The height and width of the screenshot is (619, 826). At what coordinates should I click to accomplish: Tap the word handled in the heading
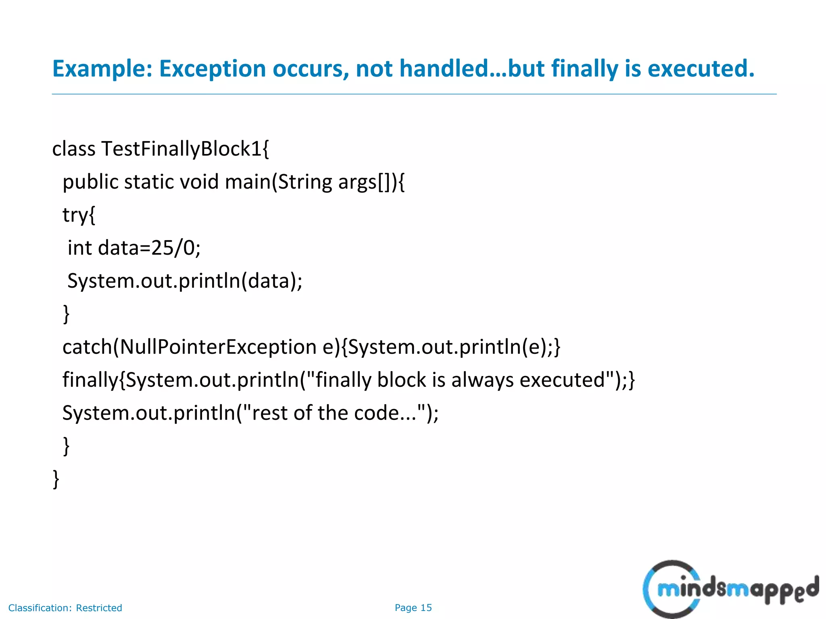(x=444, y=69)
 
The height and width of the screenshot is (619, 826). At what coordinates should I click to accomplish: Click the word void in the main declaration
(x=199, y=182)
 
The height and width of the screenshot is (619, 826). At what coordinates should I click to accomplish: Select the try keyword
(x=75, y=215)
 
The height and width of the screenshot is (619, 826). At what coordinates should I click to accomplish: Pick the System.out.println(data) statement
(x=184, y=281)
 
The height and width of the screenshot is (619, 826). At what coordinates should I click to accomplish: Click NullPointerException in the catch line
(x=218, y=347)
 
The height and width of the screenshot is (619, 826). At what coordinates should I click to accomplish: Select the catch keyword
(x=86, y=347)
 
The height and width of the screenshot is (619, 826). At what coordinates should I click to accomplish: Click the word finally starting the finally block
(x=90, y=380)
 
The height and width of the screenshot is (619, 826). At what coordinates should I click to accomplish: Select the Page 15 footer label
(x=413, y=608)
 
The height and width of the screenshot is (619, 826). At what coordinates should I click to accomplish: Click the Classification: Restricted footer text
(x=65, y=608)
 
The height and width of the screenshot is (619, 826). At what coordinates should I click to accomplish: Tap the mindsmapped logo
(x=730, y=589)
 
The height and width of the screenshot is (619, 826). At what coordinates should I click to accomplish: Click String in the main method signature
(x=305, y=182)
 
